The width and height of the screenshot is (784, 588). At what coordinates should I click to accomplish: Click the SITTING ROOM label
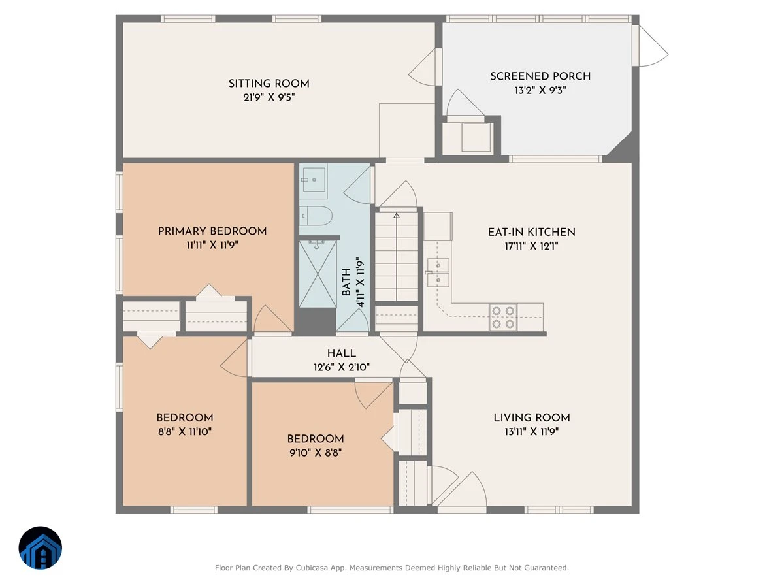click(x=269, y=84)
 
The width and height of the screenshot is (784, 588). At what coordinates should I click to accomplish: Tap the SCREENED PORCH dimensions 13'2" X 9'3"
click(x=540, y=90)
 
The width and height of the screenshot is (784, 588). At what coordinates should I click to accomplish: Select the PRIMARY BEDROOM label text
click(x=212, y=231)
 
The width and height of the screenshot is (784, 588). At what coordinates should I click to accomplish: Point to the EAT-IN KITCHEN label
click(x=532, y=232)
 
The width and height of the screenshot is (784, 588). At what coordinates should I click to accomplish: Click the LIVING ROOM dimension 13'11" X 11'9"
click(x=532, y=432)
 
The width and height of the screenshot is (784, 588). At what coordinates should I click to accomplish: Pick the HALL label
click(x=342, y=353)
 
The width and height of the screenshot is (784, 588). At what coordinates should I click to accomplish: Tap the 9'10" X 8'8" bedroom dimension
click(x=316, y=453)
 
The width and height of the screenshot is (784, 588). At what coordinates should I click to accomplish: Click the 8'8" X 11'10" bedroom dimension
click(x=185, y=432)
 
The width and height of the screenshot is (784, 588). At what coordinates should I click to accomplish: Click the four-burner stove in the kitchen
click(x=503, y=317)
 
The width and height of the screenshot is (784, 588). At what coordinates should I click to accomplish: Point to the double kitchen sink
click(x=438, y=272)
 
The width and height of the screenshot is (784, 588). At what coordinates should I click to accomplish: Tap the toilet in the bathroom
click(x=316, y=216)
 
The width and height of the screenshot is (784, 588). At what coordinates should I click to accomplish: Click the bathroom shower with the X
click(x=318, y=274)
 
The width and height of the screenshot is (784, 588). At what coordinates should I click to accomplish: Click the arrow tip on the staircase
click(x=397, y=214)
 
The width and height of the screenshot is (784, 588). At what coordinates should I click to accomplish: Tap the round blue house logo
click(x=41, y=547)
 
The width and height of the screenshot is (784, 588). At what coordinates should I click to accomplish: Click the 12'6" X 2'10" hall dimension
click(x=342, y=367)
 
